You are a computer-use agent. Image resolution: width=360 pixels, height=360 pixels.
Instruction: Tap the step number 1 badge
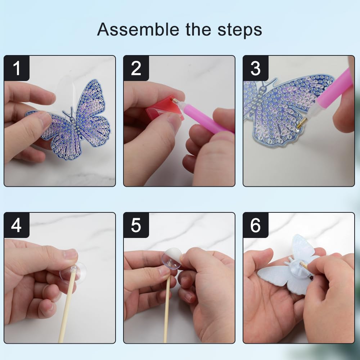pyautogui.click(x=17, y=68)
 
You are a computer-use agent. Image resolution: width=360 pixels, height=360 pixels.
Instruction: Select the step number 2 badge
pyautogui.click(x=136, y=68)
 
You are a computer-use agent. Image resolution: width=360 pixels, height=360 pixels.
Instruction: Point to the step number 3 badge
pyautogui.click(x=255, y=68)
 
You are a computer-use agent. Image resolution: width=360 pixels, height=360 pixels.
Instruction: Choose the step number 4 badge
pyautogui.click(x=17, y=225)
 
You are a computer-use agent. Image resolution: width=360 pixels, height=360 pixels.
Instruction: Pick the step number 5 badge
pyautogui.click(x=136, y=225)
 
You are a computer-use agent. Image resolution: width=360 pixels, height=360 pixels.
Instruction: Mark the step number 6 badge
pyautogui.click(x=255, y=225)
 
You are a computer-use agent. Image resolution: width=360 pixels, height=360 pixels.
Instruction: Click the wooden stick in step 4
pyautogui.click(x=67, y=310)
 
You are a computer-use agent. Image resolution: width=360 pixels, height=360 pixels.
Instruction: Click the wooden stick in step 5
pyautogui.click(x=167, y=310)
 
